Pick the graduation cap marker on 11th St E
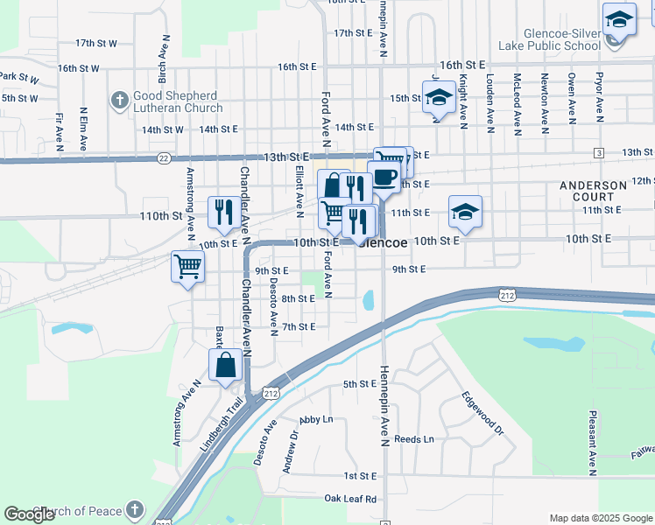coord(466,211)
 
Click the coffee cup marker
coord(384,177)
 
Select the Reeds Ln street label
coord(414,439)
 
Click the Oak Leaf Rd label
coord(350,499)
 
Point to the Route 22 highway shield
coord(165,158)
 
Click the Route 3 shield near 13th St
coord(599,153)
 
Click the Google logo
coord(30,514)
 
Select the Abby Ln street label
coord(316,420)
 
